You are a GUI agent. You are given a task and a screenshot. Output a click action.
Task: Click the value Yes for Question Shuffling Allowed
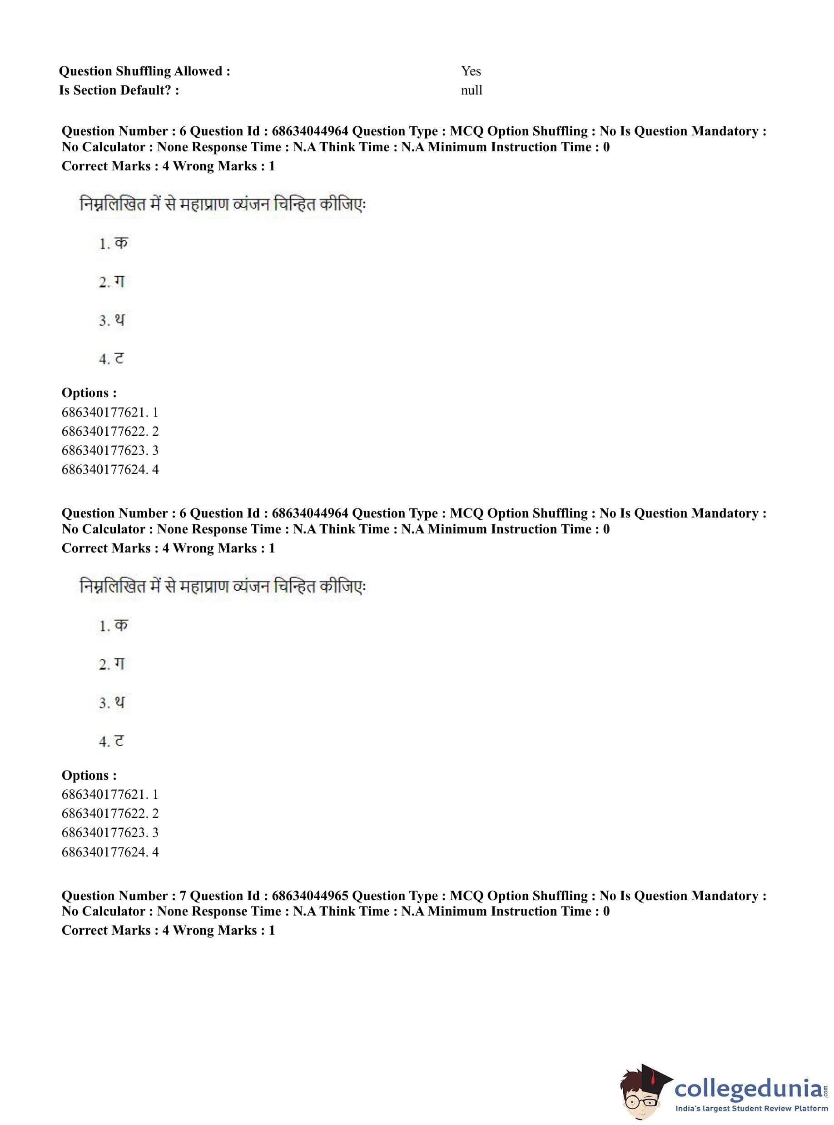click(471, 71)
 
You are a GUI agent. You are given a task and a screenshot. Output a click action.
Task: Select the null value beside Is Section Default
click(472, 90)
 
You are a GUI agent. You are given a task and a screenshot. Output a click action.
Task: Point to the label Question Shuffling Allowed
click(144, 71)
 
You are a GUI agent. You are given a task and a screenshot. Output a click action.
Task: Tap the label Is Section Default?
click(119, 90)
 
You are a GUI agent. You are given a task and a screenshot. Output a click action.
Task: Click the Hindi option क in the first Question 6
click(121, 244)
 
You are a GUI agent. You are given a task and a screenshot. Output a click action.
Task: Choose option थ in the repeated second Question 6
click(119, 702)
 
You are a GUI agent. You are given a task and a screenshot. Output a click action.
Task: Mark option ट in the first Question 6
click(119, 358)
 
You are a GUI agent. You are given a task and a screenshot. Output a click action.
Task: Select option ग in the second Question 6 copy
click(119, 664)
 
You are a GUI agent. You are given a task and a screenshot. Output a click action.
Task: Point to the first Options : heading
click(89, 393)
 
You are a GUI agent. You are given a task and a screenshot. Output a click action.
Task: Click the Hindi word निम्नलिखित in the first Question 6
click(113, 205)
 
